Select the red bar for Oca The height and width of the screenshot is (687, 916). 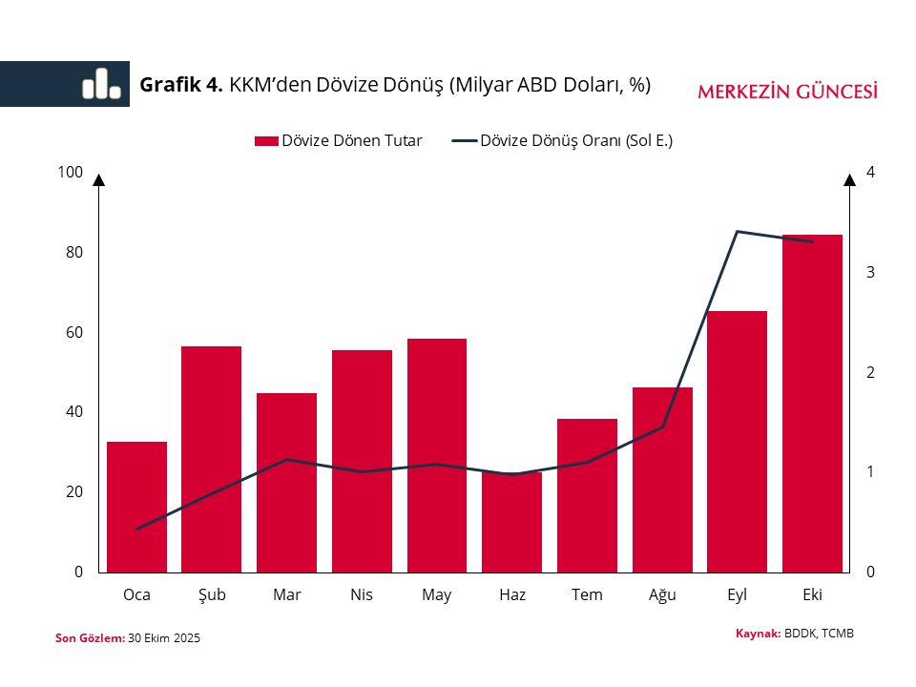136,507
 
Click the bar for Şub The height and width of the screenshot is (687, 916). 212,459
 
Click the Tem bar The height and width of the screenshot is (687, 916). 587,495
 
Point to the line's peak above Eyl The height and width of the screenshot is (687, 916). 737,232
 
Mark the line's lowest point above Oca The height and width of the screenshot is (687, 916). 136,529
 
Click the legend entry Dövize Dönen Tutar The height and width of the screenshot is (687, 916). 339,141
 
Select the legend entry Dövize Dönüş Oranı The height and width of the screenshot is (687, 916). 563,141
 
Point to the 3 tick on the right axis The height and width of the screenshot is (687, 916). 870,272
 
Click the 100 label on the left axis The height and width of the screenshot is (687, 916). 71,173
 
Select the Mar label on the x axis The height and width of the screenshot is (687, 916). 286,595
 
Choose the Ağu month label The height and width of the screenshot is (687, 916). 662,595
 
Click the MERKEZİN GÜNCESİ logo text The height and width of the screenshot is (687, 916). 787,92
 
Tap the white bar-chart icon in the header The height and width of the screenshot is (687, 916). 101,84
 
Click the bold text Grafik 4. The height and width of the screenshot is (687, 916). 181,85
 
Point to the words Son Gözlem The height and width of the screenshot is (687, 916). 90,638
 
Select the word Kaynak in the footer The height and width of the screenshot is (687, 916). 758,634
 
